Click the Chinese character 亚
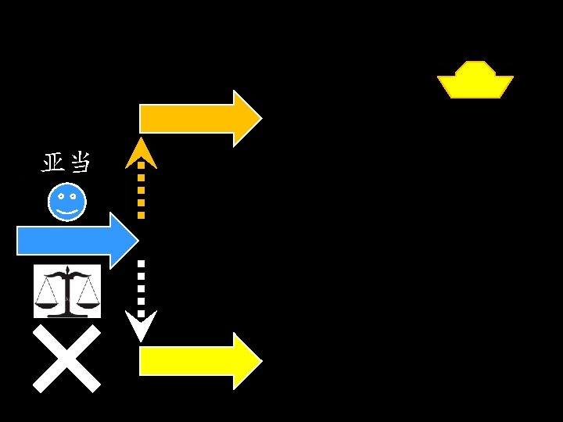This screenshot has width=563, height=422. tap(54, 163)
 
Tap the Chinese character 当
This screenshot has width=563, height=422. tap(80, 163)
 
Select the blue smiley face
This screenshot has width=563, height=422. tap(67, 202)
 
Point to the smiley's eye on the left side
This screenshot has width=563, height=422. tap(61, 197)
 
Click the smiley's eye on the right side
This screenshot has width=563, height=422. tap(73, 197)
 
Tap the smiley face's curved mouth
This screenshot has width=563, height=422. tap(67, 211)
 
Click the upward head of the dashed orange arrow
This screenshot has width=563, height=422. tap(141, 152)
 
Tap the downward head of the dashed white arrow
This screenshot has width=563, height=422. tap(141, 328)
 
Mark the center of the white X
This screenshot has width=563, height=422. tap(66, 358)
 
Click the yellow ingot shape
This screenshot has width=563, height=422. tap(475, 80)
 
